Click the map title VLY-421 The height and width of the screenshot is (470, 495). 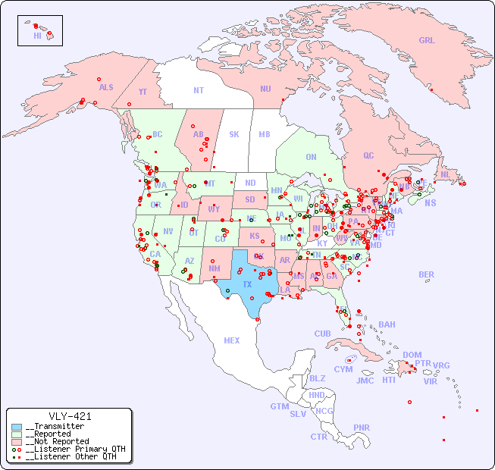point(69,416)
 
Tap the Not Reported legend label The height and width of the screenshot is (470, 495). point(57,441)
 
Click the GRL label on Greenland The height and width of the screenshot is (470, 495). point(427,41)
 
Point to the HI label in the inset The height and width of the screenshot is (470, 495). point(37,36)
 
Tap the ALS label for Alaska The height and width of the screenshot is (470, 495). point(106,88)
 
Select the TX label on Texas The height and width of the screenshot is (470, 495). point(247,284)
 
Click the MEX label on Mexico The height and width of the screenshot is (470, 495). point(231,341)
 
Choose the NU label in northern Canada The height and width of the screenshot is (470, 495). point(265,89)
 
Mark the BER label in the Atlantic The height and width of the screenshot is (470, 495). point(427,275)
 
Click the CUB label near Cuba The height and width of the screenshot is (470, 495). point(322,334)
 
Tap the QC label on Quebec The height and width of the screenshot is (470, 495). point(368,156)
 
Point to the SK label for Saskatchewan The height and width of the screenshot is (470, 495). point(234,135)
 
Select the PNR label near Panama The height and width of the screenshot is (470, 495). point(362,428)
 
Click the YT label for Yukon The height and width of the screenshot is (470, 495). point(143,92)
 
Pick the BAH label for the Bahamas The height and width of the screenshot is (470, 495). point(387,324)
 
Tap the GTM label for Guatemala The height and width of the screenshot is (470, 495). point(279,406)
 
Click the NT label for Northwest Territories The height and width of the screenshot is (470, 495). point(198,90)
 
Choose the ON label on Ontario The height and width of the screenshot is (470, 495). point(311,158)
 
